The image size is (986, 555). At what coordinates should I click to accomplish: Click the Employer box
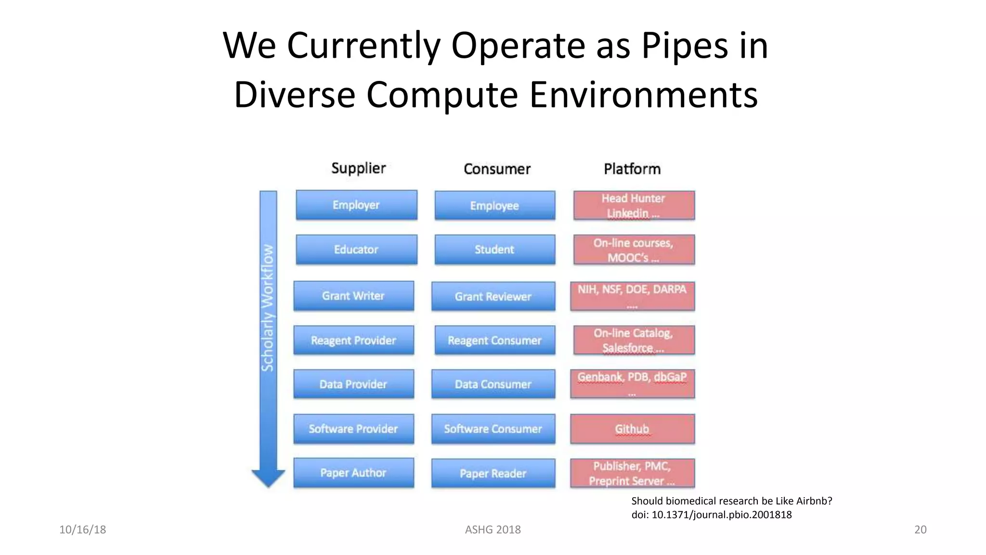click(x=356, y=205)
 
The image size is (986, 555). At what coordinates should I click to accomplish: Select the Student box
click(x=494, y=250)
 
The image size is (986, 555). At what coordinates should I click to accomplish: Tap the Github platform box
click(x=632, y=429)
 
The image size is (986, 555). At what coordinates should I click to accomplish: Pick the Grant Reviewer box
click(x=493, y=296)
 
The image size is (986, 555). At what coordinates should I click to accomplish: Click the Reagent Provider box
click(x=353, y=340)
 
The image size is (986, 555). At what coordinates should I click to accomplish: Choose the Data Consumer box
click(x=493, y=384)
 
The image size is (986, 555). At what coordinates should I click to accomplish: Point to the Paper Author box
click(x=353, y=473)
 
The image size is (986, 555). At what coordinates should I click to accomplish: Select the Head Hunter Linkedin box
click(x=634, y=205)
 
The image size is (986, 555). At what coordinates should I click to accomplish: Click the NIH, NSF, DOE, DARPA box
click(x=632, y=296)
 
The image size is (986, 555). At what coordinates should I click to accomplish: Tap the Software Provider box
click(x=353, y=428)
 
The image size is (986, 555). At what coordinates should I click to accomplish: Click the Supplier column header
click(x=359, y=168)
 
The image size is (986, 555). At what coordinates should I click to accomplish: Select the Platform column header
click(x=632, y=169)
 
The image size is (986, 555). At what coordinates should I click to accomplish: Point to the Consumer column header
click(x=497, y=169)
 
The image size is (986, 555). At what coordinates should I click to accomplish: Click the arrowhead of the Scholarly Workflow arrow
click(x=268, y=478)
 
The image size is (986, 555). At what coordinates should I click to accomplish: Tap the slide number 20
click(x=920, y=529)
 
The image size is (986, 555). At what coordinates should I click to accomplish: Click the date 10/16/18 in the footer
click(x=82, y=529)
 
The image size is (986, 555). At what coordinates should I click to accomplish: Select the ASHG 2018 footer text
click(x=493, y=529)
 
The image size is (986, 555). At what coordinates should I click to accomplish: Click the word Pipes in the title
click(x=684, y=46)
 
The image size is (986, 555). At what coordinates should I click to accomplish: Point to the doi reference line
click(x=711, y=515)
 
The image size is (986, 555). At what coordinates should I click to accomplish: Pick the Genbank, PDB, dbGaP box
click(x=632, y=383)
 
